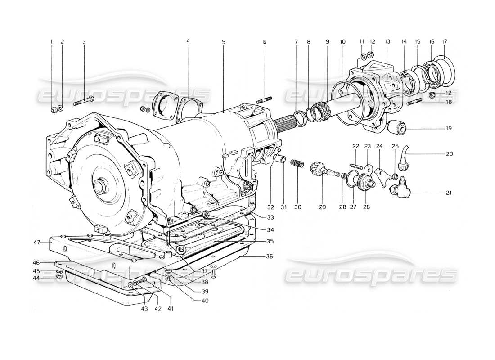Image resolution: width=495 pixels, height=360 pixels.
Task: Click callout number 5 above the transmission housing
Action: pos(223,42)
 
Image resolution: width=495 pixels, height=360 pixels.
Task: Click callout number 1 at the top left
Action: pos(51,42)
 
